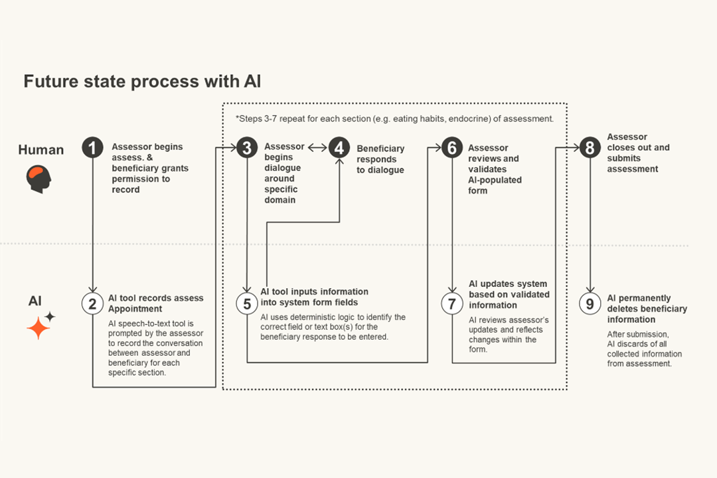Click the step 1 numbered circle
93,147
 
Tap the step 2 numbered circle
93,303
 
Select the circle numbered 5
247,303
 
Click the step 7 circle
453,303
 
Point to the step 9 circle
590,303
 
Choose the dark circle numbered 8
590,147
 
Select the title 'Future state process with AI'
142,82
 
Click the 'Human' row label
41,150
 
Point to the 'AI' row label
35,301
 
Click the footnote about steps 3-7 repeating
394,118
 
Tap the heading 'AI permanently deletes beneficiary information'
647,309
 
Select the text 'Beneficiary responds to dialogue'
380,159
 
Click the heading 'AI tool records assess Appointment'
156,303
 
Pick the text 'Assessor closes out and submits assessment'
638,153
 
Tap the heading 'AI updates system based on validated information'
509,295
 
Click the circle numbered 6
453,147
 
